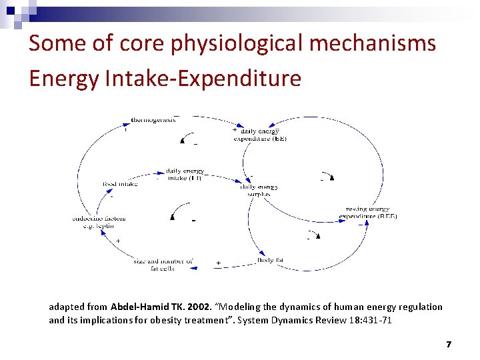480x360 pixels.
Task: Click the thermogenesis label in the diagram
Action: coord(153,120)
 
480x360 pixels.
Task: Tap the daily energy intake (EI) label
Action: coord(185,175)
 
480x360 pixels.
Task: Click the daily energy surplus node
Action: coord(259,191)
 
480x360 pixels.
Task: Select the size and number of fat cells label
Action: coord(163,265)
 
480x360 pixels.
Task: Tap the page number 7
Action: coord(449,345)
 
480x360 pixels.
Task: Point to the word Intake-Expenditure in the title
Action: coord(203,79)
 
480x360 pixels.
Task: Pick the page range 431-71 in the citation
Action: coord(381,319)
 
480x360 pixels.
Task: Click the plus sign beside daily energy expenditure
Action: coord(234,131)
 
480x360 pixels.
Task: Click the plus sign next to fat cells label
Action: coord(218,263)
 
